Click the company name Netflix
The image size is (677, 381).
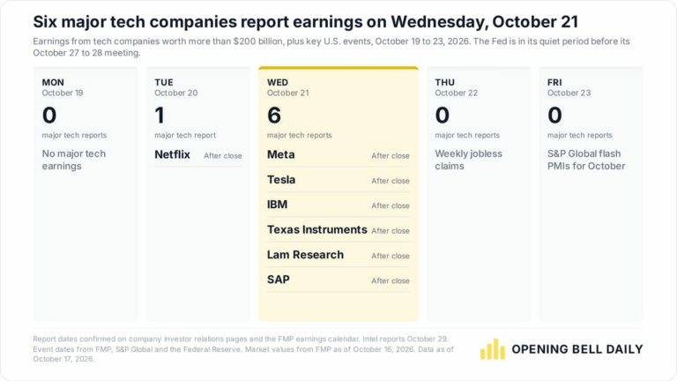coord(172,154)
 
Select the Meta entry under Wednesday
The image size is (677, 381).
coord(280,154)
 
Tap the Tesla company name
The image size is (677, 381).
coord(281,180)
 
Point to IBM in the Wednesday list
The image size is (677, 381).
coord(277,205)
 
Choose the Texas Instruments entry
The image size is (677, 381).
coord(317,230)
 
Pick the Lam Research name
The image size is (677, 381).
coord(305,255)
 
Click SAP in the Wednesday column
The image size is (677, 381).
coord(279,280)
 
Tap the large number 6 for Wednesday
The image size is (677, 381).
coord(274,116)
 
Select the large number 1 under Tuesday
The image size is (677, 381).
coord(160,116)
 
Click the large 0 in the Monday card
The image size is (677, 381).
coord(49,116)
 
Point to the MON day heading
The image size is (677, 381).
coord(53,82)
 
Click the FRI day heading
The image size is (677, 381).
coord(554,82)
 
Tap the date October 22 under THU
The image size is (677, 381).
coord(457,93)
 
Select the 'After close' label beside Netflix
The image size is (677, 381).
coord(223,156)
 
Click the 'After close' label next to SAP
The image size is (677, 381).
coord(391,280)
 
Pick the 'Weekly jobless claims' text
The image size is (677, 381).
coord(468,160)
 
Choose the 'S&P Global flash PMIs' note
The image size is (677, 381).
coord(586,160)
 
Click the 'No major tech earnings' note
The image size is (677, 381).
coord(74,160)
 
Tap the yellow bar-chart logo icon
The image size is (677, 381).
coord(493,349)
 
